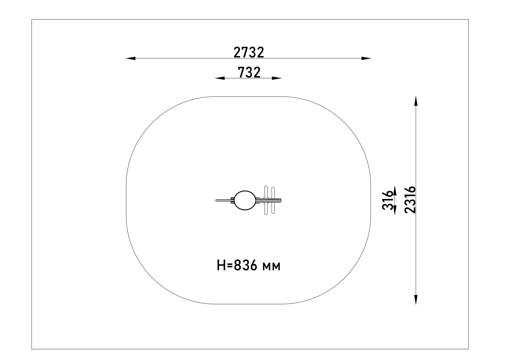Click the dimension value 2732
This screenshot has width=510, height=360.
(249, 52)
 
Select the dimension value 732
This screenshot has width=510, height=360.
(249, 72)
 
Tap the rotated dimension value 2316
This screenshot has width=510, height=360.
(410, 200)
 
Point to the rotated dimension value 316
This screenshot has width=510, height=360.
(388, 200)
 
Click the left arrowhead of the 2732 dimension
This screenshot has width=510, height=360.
(131, 58)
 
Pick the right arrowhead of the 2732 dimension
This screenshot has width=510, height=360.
(366, 58)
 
